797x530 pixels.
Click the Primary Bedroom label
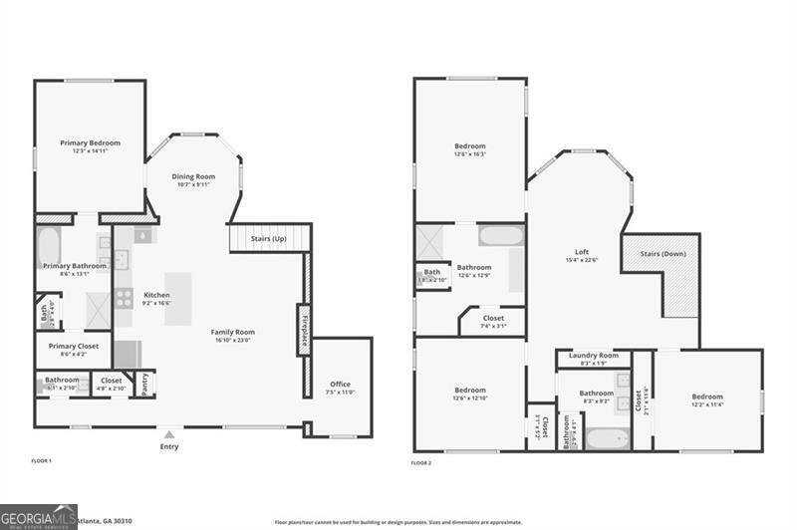tap(90, 143)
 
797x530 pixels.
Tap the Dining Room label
tap(193, 175)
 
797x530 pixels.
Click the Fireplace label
tap(302, 328)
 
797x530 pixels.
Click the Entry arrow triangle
tap(169, 434)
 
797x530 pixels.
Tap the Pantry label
tap(144, 384)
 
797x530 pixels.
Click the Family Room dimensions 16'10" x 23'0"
tap(232, 341)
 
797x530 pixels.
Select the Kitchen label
tap(156, 295)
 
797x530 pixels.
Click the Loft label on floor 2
tap(582, 252)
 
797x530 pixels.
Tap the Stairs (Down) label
tap(662, 254)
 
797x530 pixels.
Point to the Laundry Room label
tap(593, 356)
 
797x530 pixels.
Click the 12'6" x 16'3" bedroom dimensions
tap(469, 154)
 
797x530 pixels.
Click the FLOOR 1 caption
tap(41, 461)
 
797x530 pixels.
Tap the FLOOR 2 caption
tap(421, 462)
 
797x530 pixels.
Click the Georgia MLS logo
tap(38, 517)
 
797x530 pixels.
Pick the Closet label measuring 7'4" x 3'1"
tap(493, 326)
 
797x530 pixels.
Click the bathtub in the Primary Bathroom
tap(49, 246)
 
